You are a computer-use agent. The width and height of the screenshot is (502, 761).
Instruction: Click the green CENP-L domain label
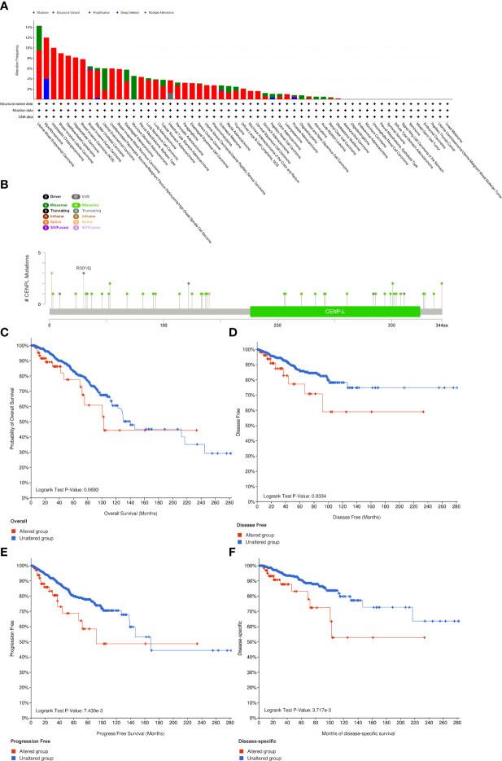point(334,311)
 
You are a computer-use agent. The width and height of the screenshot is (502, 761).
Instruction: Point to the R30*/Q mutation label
point(84,266)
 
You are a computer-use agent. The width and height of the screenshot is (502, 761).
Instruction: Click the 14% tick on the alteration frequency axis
point(28,27)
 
